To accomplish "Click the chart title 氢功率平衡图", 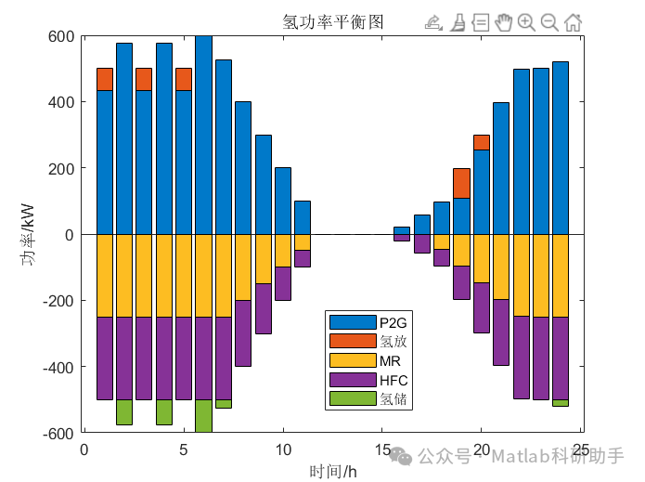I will pos(332,21).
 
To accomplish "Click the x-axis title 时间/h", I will pos(332,471).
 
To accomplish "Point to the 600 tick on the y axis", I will pos(60,36).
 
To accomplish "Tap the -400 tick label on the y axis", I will pos(57,367).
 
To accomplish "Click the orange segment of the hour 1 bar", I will pos(105,79).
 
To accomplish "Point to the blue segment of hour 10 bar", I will pos(283,201).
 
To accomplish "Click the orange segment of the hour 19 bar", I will pos(461,183).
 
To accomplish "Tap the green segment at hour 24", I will pos(561,402).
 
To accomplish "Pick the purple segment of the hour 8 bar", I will pos(243,332).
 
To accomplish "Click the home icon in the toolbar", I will pos(573,22).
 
